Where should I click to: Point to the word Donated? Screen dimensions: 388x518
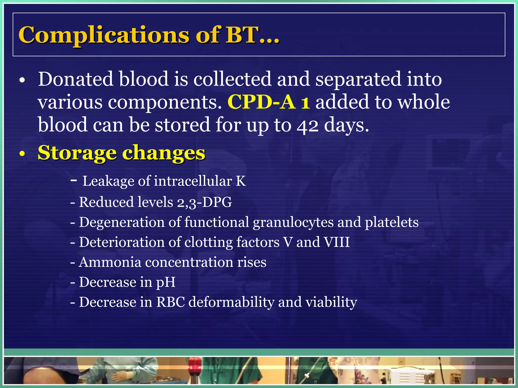(x=75, y=79)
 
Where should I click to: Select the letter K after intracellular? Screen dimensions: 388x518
(x=241, y=181)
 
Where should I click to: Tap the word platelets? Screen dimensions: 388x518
(x=392, y=222)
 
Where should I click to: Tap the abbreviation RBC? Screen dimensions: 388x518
(x=170, y=302)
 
